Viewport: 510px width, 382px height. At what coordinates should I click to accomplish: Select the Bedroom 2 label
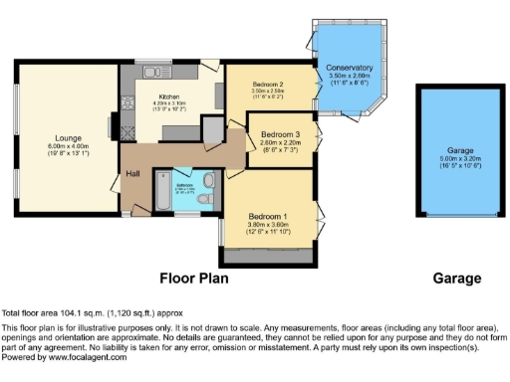(268, 85)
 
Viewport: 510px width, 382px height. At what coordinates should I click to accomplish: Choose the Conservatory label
(349, 67)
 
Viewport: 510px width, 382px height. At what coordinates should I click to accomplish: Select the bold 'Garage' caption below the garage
(454, 279)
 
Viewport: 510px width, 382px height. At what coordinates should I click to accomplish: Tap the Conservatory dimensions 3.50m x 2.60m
(349, 76)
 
